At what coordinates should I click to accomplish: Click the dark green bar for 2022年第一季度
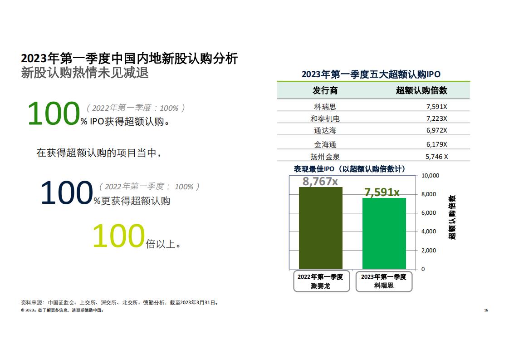pyautogui.click(x=320, y=228)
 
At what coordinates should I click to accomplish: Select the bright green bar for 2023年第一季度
pyautogui.click(x=384, y=233)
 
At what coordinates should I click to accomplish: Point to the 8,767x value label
pyautogui.click(x=320, y=181)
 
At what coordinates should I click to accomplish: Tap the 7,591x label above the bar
pyautogui.click(x=382, y=192)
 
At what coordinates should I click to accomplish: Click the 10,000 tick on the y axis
pyautogui.click(x=430, y=175)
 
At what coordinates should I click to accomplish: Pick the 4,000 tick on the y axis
pyautogui.click(x=429, y=232)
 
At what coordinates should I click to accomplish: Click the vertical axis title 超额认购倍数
pyautogui.click(x=452, y=217)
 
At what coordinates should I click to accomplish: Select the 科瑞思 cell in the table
pyautogui.click(x=325, y=107)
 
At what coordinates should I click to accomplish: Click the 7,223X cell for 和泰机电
pyautogui.click(x=436, y=118)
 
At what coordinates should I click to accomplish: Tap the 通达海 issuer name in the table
pyautogui.click(x=325, y=131)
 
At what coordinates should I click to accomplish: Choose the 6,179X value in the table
pyautogui.click(x=436, y=144)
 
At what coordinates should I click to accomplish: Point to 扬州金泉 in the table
pyautogui.click(x=325, y=157)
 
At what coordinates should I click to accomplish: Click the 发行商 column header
pyautogui.click(x=325, y=90)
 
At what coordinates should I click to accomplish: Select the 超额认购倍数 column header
pyautogui.click(x=422, y=90)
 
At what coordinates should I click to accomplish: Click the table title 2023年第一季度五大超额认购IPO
pyautogui.click(x=371, y=74)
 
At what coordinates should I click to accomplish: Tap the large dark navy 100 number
pyautogui.click(x=67, y=192)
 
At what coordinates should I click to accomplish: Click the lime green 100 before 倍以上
pyautogui.click(x=118, y=236)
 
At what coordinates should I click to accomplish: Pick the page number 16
pyautogui.click(x=486, y=310)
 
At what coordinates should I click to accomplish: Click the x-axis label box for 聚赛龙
pyautogui.click(x=321, y=281)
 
